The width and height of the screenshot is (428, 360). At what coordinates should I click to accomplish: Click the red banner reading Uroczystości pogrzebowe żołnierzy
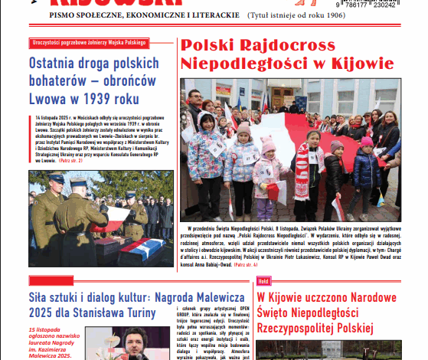tap(90, 43)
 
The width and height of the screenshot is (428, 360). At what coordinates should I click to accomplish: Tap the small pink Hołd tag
tap(263, 280)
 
